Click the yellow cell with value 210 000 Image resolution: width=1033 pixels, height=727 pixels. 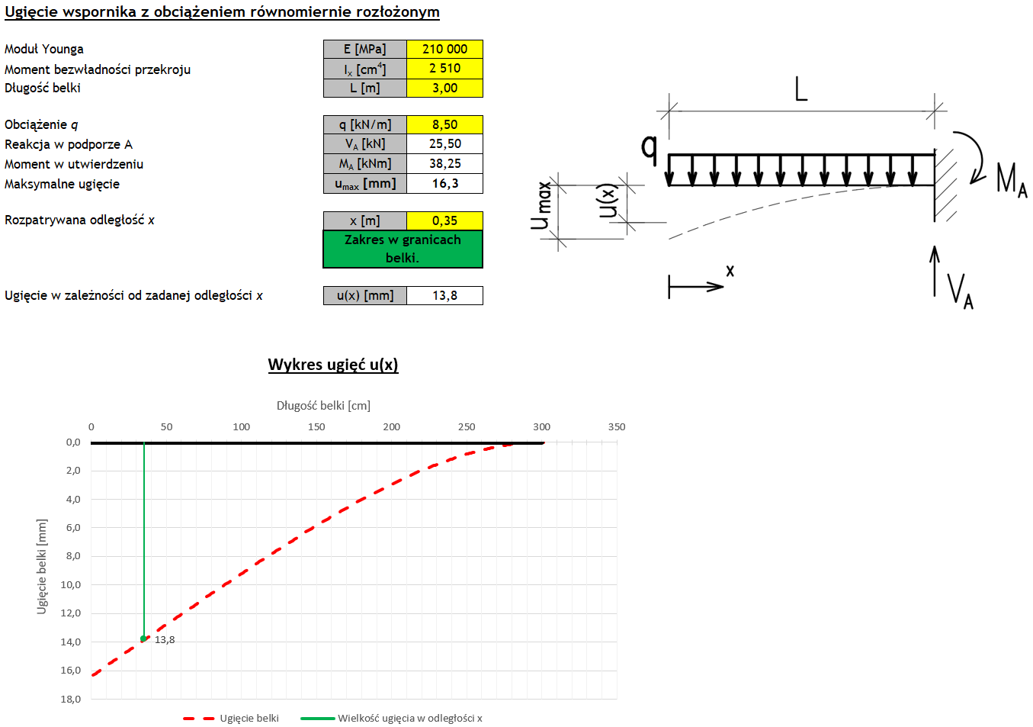444,49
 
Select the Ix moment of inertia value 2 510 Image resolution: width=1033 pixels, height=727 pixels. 444,69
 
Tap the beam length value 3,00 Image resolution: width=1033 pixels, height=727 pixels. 444,88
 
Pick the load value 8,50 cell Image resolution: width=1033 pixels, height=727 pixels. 444,124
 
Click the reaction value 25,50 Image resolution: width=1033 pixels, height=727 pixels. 444,144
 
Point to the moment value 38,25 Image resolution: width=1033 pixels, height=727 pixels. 444,163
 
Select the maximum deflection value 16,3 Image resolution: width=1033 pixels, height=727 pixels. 444,183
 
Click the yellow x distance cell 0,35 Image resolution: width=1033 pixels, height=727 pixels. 444,220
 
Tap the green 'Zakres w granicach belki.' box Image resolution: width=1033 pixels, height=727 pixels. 403,249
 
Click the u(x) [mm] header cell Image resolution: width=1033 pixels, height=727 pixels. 364,295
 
